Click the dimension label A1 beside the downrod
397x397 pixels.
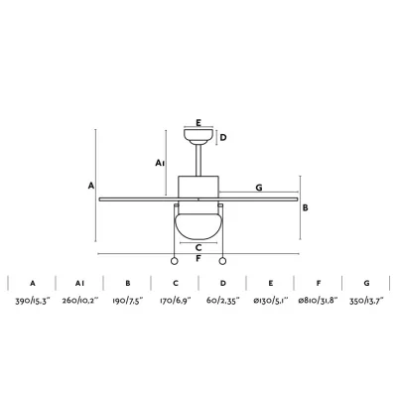coord(160,163)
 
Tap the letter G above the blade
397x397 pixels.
coord(259,188)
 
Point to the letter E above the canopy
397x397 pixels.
coord(198,123)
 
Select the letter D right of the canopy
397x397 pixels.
coord(223,137)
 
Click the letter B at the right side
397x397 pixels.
coord(306,208)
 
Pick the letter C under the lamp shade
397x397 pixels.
coord(198,247)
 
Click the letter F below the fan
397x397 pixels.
coord(198,258)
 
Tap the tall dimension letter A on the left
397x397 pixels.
coord(91,186)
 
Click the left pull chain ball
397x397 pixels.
coord(174,261)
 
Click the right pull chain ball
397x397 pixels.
coord(222,261)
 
